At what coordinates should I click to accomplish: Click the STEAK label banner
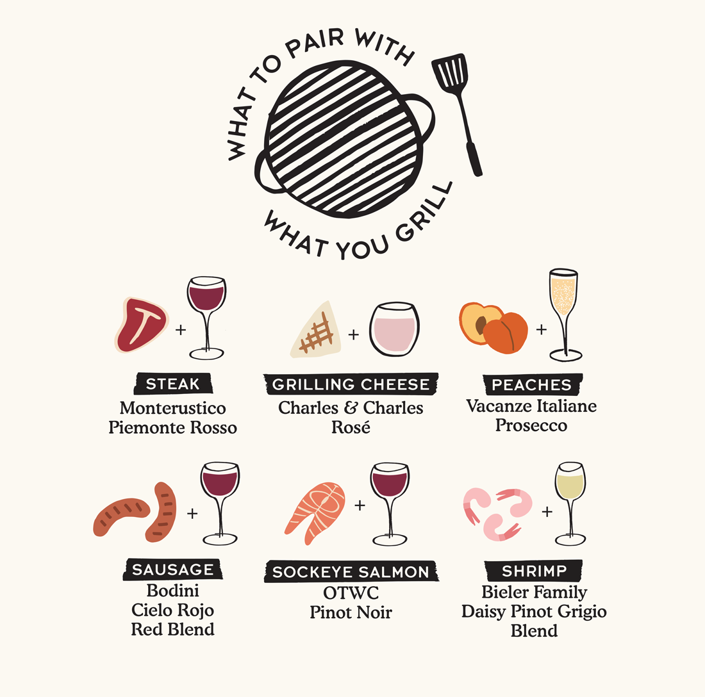point(172,384)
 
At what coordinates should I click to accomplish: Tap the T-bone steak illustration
point(142,324)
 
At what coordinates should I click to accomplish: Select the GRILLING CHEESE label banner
point(351,384)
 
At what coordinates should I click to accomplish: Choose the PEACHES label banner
point(531,384)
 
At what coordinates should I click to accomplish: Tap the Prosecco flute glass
point(563,314)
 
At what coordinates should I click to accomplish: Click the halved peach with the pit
point(481,324)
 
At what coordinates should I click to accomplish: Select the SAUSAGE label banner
point(172,570)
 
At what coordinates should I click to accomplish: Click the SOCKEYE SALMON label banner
point(351,572)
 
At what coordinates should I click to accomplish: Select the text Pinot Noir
point(351,612)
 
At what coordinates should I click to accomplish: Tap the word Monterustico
point(172,408)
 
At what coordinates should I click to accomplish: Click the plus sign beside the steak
point(180,331)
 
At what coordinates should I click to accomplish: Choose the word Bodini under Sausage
point(172,590)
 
